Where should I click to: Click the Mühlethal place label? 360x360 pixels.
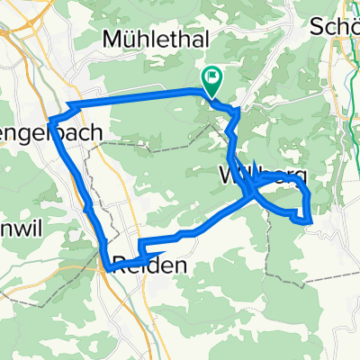tap(157, 40)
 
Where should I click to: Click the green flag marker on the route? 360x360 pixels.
tap(213, 81)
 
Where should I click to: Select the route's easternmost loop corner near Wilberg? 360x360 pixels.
tap(310, 217)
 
